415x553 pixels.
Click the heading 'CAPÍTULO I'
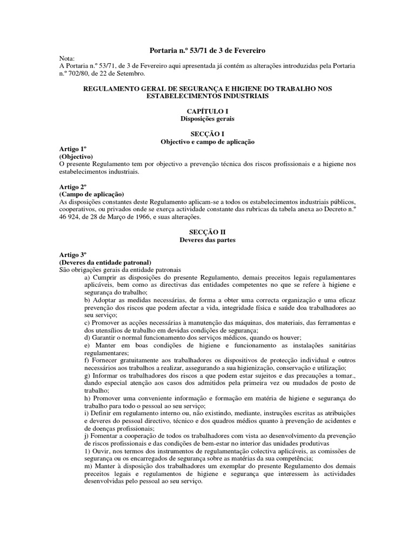click(207, 111)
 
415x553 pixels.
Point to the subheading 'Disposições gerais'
click(207, 118)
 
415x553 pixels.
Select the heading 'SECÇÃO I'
click(207, 133)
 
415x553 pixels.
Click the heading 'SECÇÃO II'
click(207, 232)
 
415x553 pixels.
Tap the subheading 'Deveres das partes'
click(207, 239)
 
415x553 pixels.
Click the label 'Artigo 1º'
click(73, 149)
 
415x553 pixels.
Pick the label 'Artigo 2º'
click(73, 186)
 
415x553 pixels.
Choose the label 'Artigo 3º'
click(73, 254)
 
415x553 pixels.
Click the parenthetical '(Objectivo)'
click(76, 156)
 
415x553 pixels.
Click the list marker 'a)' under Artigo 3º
click(87, 277)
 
